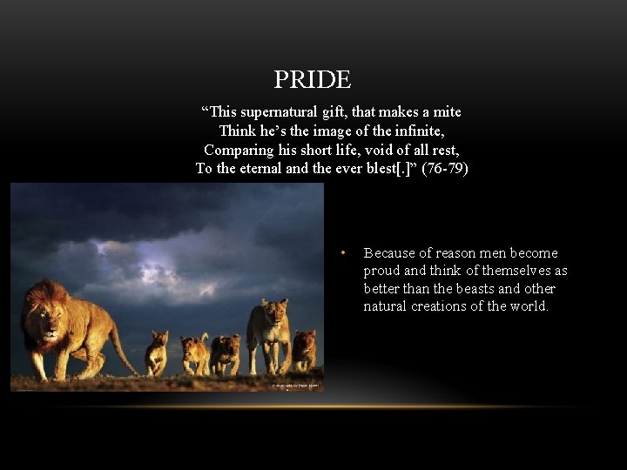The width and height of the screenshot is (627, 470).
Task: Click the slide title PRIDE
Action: coord(312,80)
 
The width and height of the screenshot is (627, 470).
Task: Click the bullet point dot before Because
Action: coord(345,253)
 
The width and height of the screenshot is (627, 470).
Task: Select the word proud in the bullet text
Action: coord(381,271)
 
